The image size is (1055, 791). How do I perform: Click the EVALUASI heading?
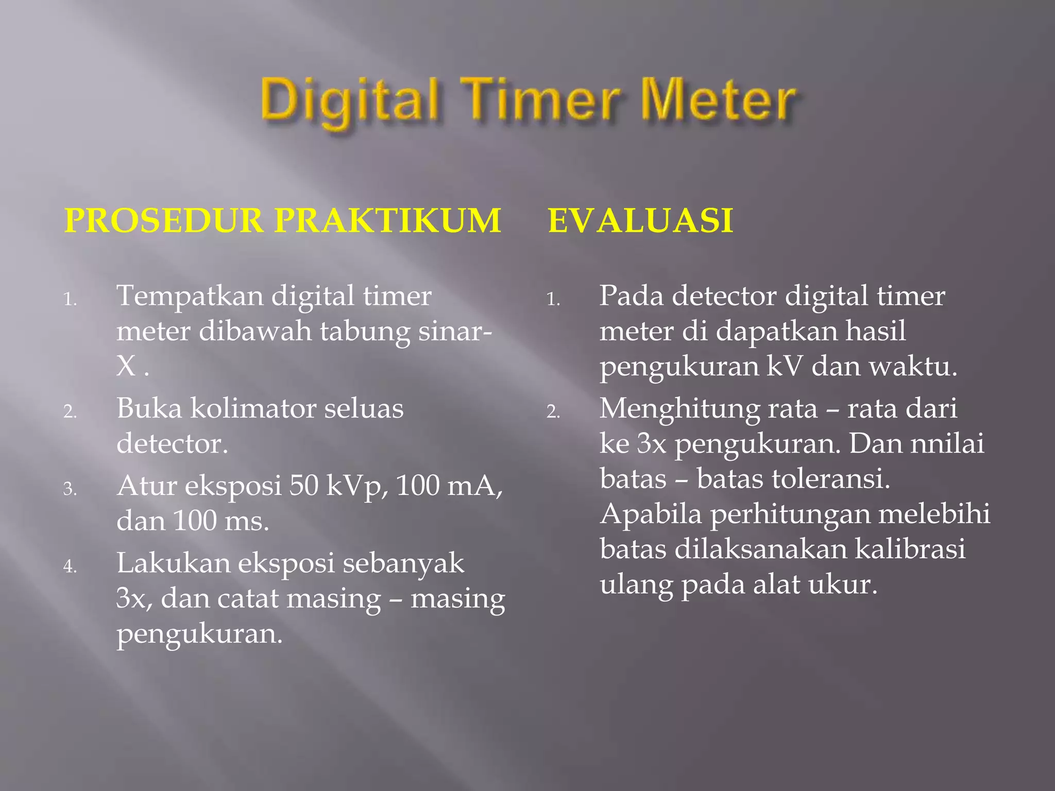click(640, 221)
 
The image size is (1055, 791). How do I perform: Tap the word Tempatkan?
click(190, 296)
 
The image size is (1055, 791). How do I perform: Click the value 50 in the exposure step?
click(304, 486)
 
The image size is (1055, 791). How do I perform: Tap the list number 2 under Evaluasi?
click(552, 412)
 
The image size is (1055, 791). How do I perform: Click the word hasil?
click(875, 331)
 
